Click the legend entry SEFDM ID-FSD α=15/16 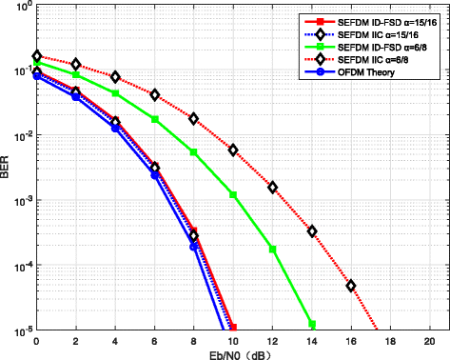coord(372,20)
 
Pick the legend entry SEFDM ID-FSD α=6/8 coord(370,46)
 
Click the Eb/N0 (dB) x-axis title coord(233,352)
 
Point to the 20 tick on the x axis coord(430,340)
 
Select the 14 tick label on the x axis coord(312,340)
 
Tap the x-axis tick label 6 coord(154,340)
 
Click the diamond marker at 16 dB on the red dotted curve coord(351,286)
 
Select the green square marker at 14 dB coord(312,324)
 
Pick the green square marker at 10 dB coord(233,195)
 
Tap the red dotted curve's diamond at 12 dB coord(272,188)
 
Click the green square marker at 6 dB coord(154,119)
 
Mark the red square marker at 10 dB coord(233,328)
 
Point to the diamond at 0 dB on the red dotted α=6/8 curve coord(36,56)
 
